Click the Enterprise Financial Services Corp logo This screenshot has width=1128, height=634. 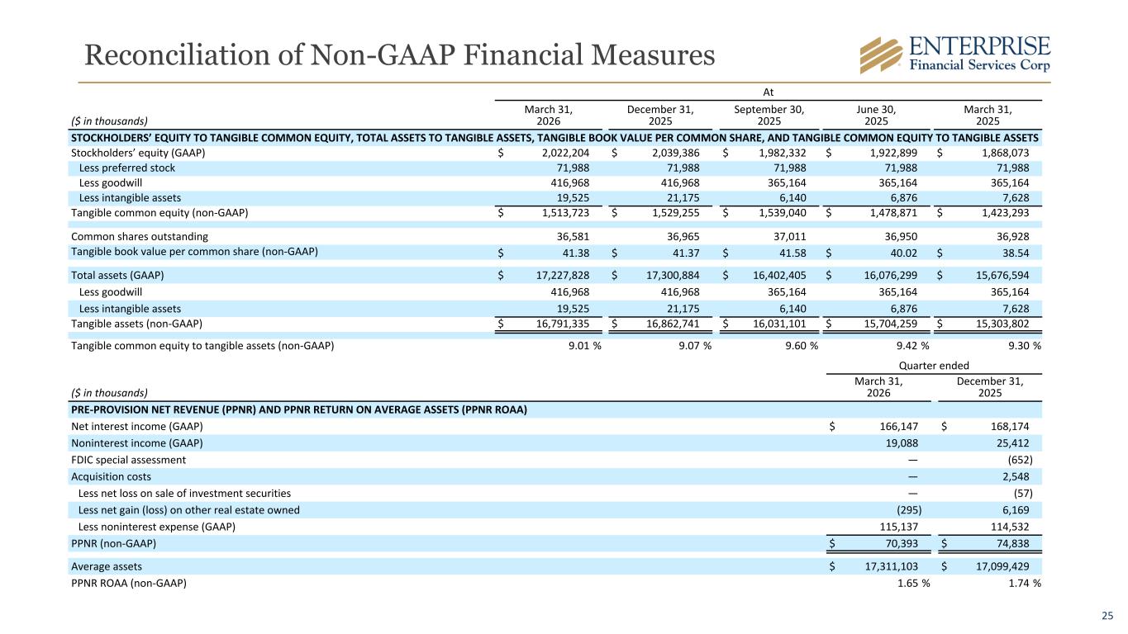(954, 54)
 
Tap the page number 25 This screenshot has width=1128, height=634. (1107, 615)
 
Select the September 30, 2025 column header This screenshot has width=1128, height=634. (769, 116)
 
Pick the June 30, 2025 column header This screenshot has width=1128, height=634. (876, 116)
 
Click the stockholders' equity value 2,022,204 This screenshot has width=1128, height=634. (565, 153)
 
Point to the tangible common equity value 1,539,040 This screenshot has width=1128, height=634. (783, 213)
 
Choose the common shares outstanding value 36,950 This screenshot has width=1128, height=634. (901, 236)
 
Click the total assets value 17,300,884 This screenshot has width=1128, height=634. (673, 275)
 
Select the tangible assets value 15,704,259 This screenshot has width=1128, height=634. (891, 324)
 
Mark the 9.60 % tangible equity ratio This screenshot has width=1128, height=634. (802, 346)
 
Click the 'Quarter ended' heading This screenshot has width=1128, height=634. (934, 366)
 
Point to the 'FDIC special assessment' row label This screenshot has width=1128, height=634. (128, 460)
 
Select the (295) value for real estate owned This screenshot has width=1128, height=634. (909, 510)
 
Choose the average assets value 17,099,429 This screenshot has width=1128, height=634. (1002, 566)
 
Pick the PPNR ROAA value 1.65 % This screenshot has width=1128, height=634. (913, 583)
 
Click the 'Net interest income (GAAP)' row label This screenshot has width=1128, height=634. (137, 427)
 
